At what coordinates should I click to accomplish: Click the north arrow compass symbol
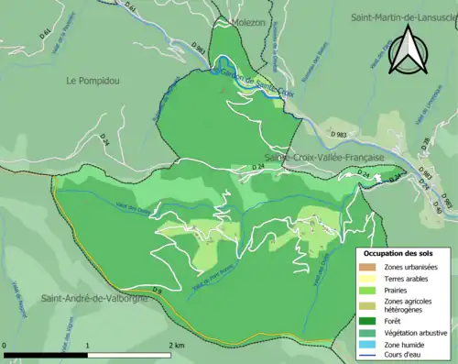coord(405,50)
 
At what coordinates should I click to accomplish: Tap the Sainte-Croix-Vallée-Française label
coord(324,158)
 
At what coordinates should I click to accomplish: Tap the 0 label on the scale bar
coord(6,345)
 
